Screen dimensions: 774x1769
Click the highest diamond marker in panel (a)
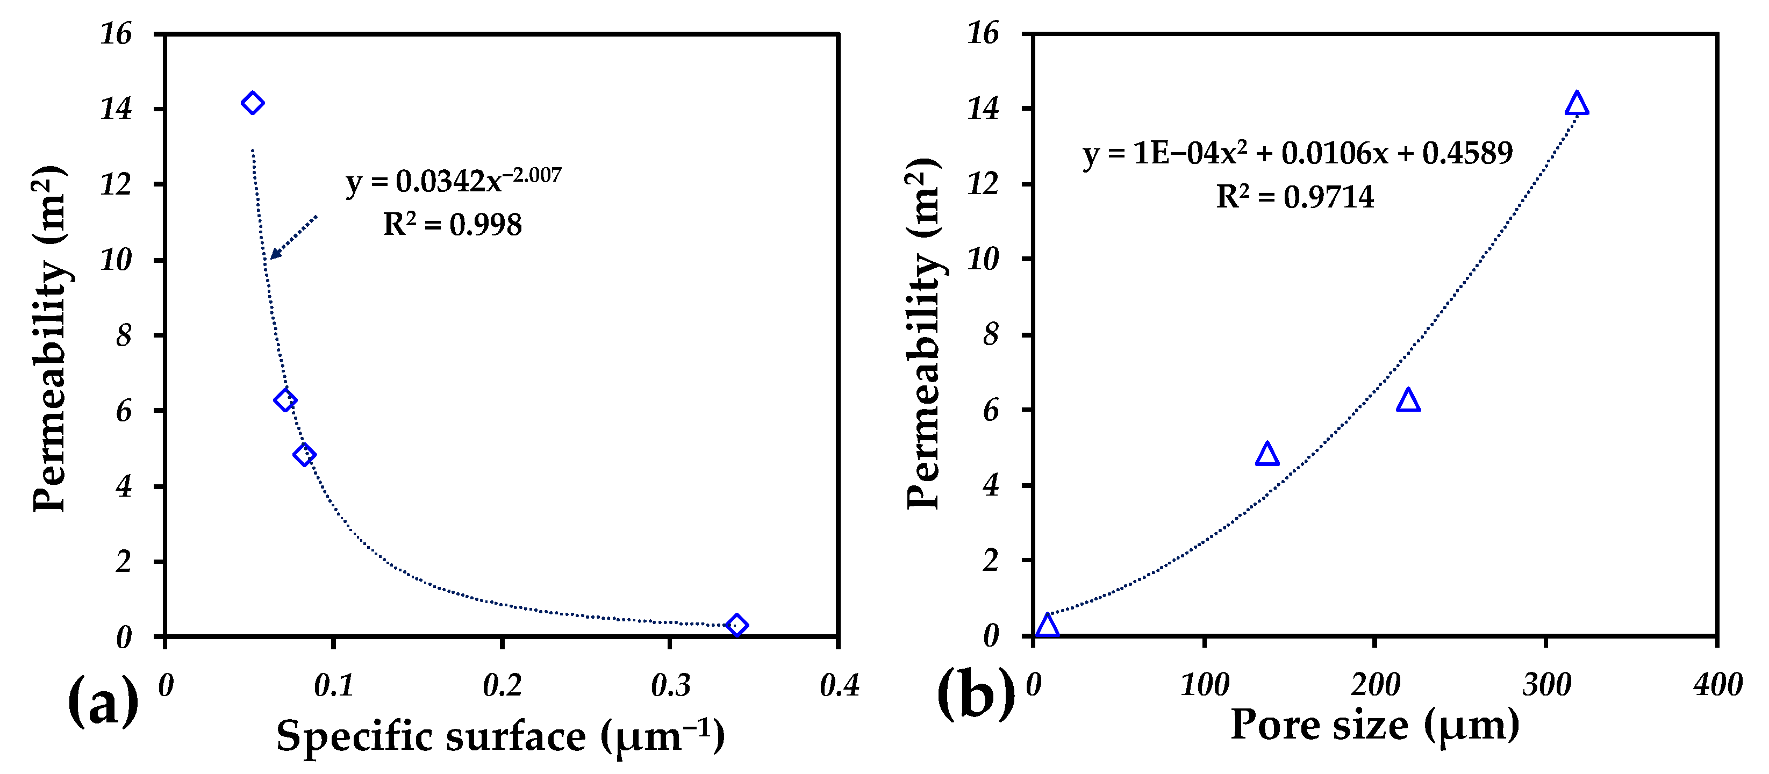(253, 103)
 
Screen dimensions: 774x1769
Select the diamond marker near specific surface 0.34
(736, 625)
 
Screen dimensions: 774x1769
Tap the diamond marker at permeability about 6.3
(285, 400)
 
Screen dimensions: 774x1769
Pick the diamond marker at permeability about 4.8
(304, 454)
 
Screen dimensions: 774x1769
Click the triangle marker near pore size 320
(1577, 104)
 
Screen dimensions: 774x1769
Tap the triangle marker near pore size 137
(1267, 455)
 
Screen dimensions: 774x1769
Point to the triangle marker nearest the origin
(1047, 626)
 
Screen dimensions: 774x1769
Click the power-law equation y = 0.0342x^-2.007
(453, 181)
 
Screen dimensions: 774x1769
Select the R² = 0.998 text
(452, 225)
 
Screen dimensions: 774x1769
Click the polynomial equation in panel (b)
(1297, 153)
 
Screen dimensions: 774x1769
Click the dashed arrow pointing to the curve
(294, 237)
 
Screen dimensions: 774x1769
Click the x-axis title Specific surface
(500, 737)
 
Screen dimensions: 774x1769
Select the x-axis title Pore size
(1375, 725)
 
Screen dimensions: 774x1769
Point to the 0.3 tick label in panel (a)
(670, 685)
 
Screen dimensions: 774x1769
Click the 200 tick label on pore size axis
(1375, 685)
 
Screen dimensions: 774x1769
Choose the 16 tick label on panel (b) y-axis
(983, 33)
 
